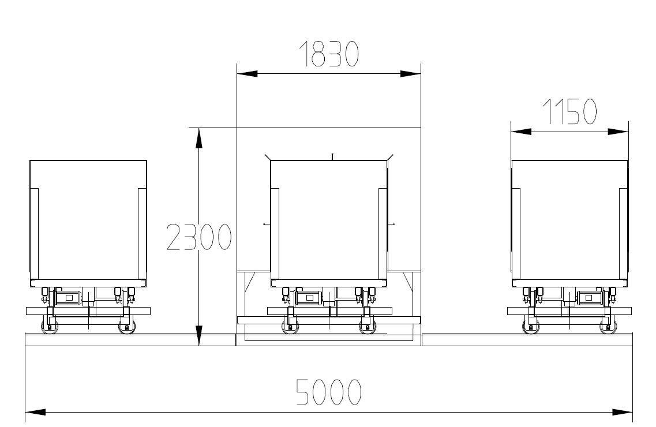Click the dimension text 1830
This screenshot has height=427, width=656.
(x=329, y=54)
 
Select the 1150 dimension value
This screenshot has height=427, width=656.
(x=569, y=112)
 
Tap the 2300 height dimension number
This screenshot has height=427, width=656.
(x=198, y=237)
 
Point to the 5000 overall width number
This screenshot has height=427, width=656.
(x=328, y=392)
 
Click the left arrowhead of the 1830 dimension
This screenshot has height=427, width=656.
(x=248, y=74)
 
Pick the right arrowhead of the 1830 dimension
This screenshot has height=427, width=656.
(x=410, y=74)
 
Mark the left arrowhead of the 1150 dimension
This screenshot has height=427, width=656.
(x=522, y=132)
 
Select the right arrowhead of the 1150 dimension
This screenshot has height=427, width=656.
(x=618, y=132)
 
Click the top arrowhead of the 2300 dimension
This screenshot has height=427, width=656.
(x=199, y=138)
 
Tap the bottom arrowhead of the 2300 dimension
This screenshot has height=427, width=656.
(x=199, y=336)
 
